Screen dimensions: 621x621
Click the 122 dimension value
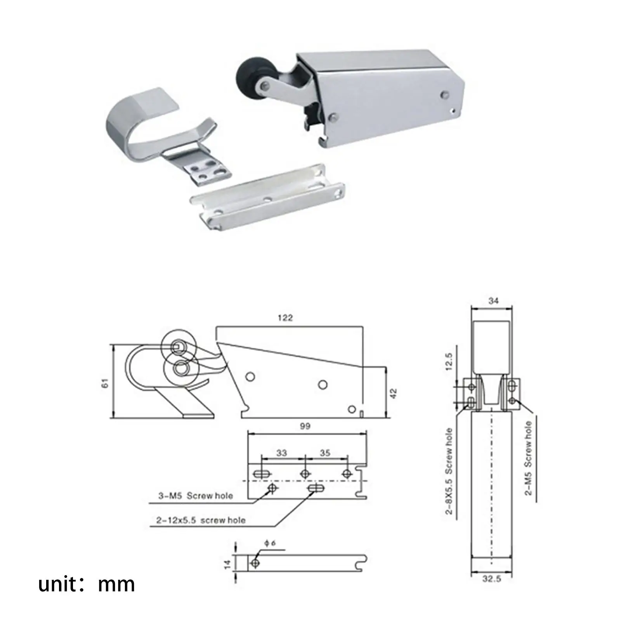click(x=285, y=318)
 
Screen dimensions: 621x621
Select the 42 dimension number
click(x=394, y=394)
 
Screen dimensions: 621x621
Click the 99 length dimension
click(x=305, y=426)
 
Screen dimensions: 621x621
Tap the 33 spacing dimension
click(x=281, y=453)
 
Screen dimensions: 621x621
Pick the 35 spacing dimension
click(x=325, y=453)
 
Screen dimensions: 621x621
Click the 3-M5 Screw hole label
click(x=195, y=496)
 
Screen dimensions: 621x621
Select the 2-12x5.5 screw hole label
click(x=201, y=520)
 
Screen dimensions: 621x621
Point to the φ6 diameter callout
click(x=270, y=543)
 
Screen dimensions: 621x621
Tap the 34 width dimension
click(x=493, y=300)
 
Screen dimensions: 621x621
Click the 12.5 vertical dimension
click(x=449, y=362)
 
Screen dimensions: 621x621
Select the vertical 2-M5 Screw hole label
click(x=528, y=458)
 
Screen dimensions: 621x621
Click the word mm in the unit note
click(x=116, y=584)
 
